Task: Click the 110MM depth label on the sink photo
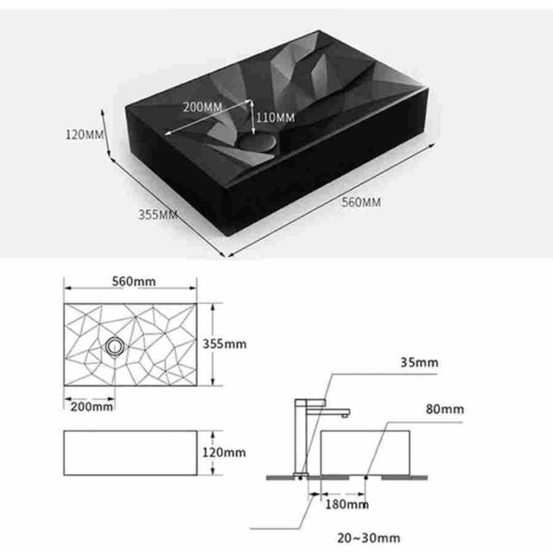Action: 275,118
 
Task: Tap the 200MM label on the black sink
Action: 202,107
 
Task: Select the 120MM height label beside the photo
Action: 85,135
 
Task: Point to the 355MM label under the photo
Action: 157,214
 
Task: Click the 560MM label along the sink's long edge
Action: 361,202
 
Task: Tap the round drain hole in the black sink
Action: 257,143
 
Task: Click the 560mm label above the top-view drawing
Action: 134,282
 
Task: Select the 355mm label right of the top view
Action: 225,344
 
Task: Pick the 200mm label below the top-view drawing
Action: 92,407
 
